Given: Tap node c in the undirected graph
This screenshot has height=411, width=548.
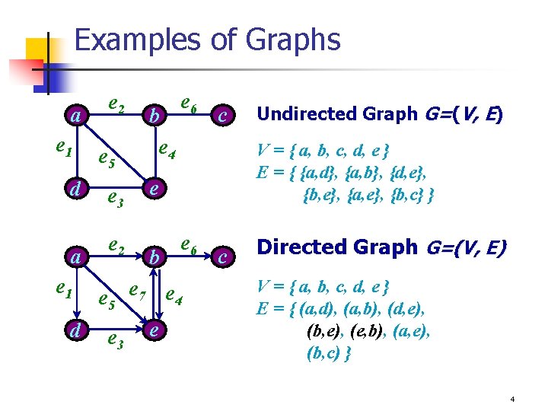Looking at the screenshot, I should tap(221, 116).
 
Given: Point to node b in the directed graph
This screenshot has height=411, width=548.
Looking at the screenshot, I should tap(154, 257).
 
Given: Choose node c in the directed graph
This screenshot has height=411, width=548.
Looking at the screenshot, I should tap(221, 257).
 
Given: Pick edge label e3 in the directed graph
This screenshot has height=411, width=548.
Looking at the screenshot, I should tap(116, 340).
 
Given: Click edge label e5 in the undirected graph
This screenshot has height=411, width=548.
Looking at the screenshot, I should tap(107, 161).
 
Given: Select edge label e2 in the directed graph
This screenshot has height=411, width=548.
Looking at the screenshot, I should tap(117, 247).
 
